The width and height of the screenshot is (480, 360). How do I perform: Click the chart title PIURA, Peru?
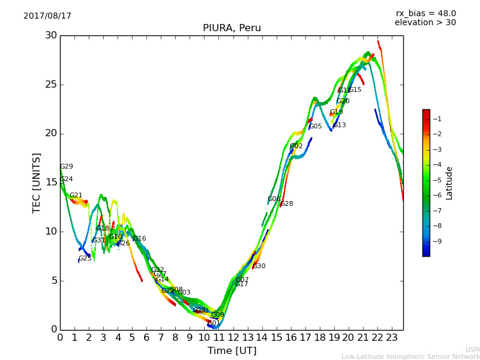[232, 28]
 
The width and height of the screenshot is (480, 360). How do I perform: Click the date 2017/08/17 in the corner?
[47, 16]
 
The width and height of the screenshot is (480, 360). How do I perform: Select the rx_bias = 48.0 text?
[425, 14]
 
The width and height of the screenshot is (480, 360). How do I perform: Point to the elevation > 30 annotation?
[425, 23]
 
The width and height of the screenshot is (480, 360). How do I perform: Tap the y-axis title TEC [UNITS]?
[37, 182]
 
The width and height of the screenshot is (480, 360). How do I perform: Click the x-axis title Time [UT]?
[232, 351]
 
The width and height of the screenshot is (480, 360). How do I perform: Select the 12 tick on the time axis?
[233, 338]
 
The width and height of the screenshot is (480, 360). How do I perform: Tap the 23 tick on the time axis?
[392, 338]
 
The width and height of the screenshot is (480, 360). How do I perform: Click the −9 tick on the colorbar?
[437, 241]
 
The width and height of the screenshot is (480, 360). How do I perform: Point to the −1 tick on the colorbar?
[437, 119]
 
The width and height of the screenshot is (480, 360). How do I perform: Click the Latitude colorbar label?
[449, 183]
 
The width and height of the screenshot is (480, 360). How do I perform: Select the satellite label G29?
[66, 167]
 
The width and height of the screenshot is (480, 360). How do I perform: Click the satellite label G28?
[287, 204]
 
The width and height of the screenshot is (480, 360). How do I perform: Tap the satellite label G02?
[296, 146]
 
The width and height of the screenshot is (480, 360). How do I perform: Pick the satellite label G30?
[259, 266]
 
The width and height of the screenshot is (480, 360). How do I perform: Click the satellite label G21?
[76, 196]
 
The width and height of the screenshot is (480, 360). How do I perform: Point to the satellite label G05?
[316, 127]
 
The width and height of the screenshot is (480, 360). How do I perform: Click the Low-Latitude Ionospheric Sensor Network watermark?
[410, 357]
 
